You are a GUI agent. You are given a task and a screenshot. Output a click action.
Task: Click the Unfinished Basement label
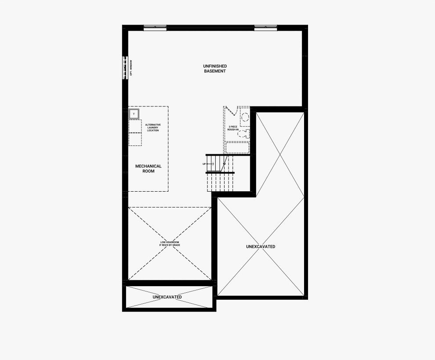[215, 69]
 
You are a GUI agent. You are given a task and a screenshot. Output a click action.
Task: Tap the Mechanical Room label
[149, 168]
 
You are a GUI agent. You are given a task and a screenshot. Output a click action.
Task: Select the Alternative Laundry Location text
[153, 127]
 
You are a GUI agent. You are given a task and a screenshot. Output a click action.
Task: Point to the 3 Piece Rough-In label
[233, 128]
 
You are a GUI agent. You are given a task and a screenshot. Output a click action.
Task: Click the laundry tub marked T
[134, 114]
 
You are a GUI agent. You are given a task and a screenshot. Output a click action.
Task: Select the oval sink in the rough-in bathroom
[245, 117]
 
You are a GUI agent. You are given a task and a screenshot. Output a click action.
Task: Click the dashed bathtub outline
[237, 148]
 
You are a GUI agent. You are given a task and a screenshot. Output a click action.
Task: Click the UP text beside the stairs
[204, 164]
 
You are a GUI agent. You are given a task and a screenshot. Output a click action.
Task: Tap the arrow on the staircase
[210, 164]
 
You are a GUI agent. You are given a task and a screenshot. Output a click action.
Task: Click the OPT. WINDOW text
[131, 68]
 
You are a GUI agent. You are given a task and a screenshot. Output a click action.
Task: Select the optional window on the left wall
[125, 68]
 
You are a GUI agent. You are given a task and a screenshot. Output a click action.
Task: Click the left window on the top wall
[155, 28]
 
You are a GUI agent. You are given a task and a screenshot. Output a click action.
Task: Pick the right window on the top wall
[266, 28]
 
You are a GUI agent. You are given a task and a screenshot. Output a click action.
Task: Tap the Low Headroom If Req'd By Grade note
[170, 244]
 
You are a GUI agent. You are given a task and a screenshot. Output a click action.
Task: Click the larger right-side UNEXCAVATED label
[261, 247]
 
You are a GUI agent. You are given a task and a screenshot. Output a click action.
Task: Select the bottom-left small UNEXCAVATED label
[167, 297]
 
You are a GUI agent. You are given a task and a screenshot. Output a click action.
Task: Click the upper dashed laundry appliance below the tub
[135, 126]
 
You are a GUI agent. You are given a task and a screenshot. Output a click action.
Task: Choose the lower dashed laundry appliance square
[135, 139]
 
